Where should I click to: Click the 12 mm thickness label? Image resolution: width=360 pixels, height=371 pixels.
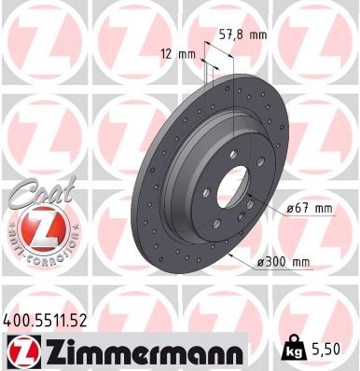tap(180, 53)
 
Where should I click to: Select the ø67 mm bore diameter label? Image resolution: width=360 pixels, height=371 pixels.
tap(308, 208)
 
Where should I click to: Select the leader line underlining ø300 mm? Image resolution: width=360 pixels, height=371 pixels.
tap(270, 270)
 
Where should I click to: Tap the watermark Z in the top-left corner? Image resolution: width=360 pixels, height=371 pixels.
tap(42, 37)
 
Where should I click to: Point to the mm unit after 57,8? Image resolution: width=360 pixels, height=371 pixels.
tap(258, 34)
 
